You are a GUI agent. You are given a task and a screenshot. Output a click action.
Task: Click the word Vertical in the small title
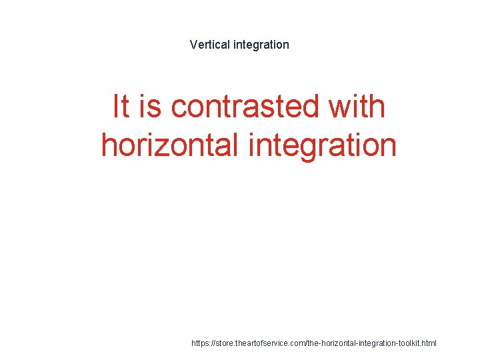tap(209, 45)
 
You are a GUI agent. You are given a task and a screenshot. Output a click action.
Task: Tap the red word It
tap(121, 107)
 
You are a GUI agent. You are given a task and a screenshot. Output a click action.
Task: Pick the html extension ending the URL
tap(429, 343)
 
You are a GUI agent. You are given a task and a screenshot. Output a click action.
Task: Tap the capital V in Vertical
tap(193, 45)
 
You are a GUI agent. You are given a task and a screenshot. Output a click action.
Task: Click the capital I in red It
tap(116, 107)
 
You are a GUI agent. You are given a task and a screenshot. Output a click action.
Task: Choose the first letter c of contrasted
tap(179, 108)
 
